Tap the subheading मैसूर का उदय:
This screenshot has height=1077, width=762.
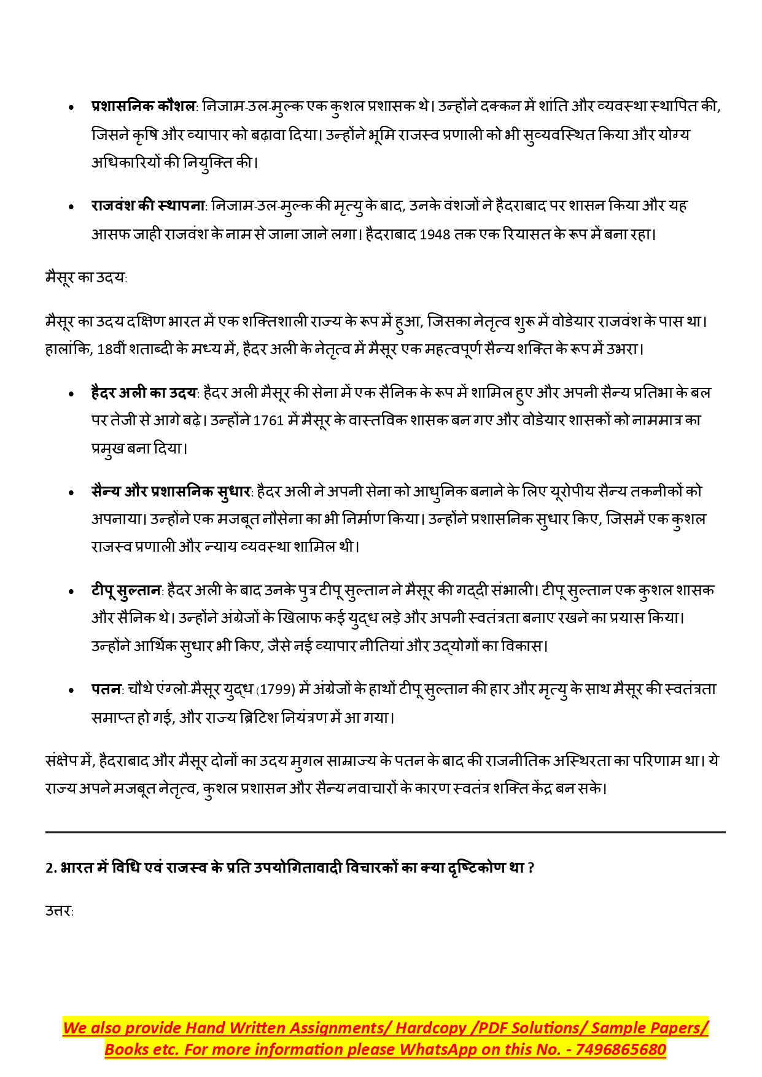(86, 277)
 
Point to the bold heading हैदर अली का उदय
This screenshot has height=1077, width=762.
(144, 393)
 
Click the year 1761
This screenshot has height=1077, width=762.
(268, 421)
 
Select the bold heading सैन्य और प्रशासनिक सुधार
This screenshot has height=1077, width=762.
(171, 492)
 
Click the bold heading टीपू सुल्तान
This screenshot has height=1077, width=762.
(126, 590)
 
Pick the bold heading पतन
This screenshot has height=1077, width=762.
(107, 690)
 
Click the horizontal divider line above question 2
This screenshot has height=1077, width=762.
(385, 832)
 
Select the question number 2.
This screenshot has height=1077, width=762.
(50, 868)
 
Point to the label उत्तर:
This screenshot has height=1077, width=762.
(59, 911)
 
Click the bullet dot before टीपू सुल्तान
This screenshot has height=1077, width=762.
(72, 592)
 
